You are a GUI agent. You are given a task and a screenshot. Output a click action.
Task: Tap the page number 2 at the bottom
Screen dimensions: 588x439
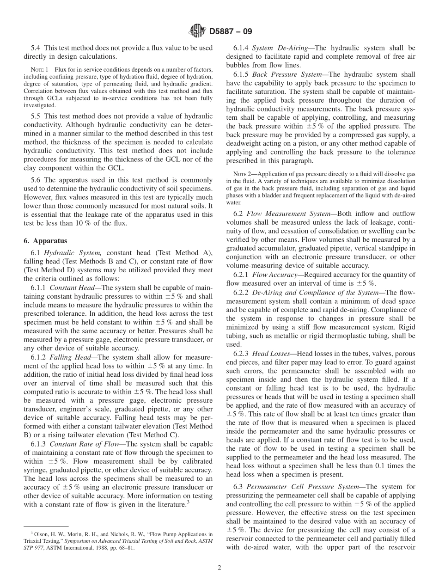pos(219,568)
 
